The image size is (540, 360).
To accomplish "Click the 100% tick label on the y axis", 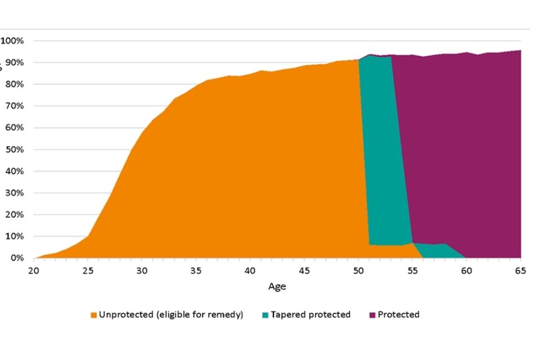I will [x=12, y=40].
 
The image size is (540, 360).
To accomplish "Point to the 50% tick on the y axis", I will [x=13, y=150].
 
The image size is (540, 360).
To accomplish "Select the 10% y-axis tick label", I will [x=13, y=236].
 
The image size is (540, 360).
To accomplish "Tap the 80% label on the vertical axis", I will [x=13, y=84].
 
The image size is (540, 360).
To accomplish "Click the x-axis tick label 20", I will [x=34, y=271].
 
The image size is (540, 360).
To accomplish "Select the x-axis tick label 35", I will [x=196, y=271].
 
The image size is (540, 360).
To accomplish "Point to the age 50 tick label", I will [x=358, y=271].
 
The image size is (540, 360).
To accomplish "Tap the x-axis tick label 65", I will [x=520, y=271].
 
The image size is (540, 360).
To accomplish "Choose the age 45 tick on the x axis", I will [x=304, y=271].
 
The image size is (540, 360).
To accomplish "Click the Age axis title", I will [x=277, y=286].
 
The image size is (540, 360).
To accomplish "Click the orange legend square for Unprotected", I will [x=93, y=315].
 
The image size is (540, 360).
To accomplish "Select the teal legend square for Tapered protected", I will [x=265, y=315].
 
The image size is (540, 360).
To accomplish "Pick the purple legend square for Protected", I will [x=372, y=315].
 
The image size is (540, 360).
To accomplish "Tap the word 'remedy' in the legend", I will [x=225, y=315].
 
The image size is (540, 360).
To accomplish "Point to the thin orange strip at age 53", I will [x=391, y=252].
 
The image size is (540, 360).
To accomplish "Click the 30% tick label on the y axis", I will [x=13, y=193].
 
